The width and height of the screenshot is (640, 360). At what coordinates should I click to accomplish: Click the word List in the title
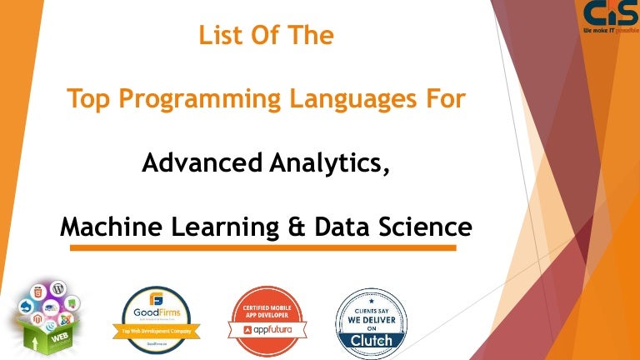pos(220,37)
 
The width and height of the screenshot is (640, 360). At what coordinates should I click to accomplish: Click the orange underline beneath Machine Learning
pos(263,247)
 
